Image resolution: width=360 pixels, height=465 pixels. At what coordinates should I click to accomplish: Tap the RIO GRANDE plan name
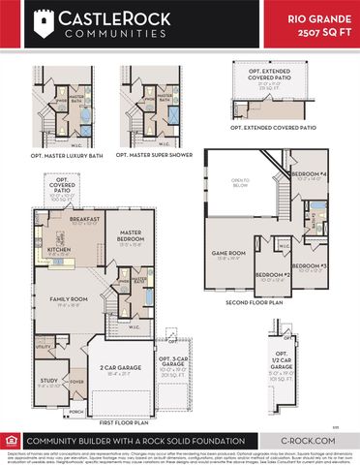[321, 18]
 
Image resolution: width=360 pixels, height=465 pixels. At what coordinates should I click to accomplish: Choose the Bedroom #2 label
[273, 275]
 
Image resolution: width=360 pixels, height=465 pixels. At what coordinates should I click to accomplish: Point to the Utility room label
[44, 345]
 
